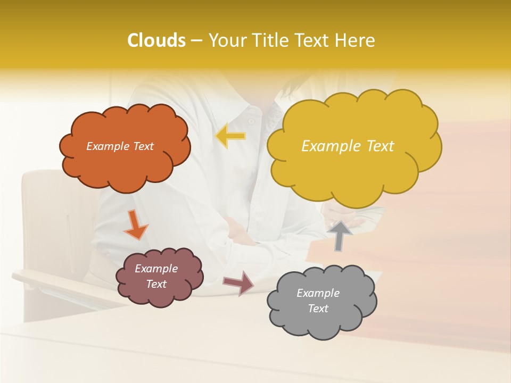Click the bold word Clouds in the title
156,40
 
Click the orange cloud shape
125,165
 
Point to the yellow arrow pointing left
230,136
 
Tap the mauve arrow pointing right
238,282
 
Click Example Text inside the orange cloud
120,146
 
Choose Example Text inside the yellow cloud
348,146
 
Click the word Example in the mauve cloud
156,269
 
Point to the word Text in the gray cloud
318,309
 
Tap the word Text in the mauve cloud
156,284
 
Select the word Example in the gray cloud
318,293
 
